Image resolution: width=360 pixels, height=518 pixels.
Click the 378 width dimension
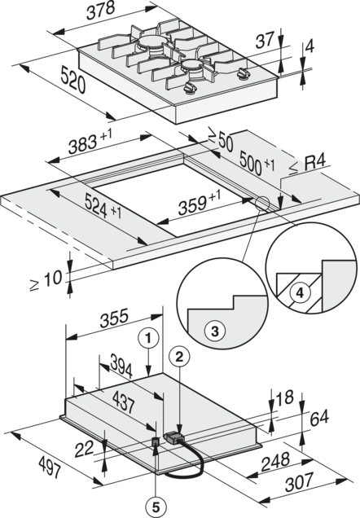pyautogui.click(x=101, y=11)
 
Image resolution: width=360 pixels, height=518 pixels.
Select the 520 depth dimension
pyautogui.click(x=73, y=80)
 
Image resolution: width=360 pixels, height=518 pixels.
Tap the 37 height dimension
pyautogui.click(x=265, y=39)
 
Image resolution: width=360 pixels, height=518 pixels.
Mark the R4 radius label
pyautogui.click(x=314, y=163)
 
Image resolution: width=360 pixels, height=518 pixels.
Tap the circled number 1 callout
pyautogui.click(x=148, y=338)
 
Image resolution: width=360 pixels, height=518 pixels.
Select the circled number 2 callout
pyautogui.click(x=178, y=356)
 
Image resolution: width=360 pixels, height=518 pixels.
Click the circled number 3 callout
pyautogui.click(x=215, y=331)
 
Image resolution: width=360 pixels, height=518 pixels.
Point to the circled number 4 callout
pyautogui.click(x=299, y=292)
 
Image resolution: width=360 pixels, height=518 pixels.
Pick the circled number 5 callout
pyautogui.click(x=156, y=505)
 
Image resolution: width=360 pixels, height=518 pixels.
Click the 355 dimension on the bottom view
pyautogui.click(x=113, y=318)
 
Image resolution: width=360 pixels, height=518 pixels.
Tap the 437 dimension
pyautogui.click(x=124, y=401)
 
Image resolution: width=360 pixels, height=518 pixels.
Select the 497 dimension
pyautogui.click(x=50, y=466)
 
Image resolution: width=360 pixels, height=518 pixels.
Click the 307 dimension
pyautogui.click(x=299, y=482)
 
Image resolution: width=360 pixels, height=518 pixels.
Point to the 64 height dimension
pyautogui.click(x=319, y=417)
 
